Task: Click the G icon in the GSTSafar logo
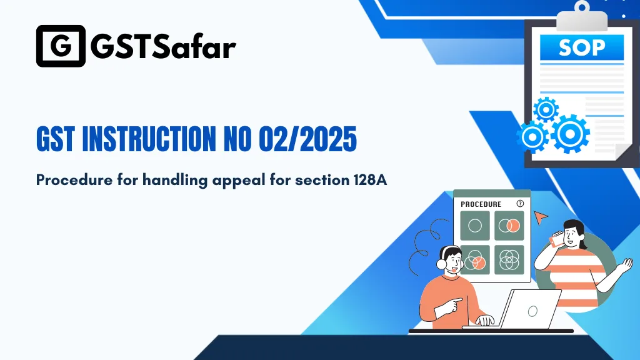click(x=61, y=46)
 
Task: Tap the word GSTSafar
click(x=164, y=46)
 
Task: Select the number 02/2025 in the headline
click(x=307, y=139)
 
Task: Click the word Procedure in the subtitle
click(x=68, y=180)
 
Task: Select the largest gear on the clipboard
click(x=571, y=133)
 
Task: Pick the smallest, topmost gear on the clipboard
click(x=546, y=109)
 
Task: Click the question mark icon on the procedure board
click(x=520, y=204)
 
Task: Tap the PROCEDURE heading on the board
click(x=481, y=204)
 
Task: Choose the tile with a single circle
click(x=475, y=226)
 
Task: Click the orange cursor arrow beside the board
click(x=541, y=216)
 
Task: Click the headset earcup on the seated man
click(x=442, y=264)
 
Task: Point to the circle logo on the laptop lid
click(x=532, y=311)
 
